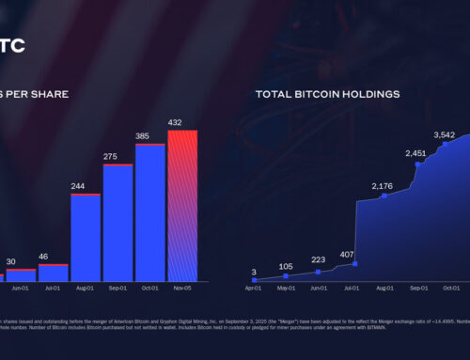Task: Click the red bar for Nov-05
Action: (182, 206)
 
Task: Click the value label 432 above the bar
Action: (182, 122)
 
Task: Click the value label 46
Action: (54, 256)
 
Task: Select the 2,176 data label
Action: (383, 185)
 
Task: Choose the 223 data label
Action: (319, 259)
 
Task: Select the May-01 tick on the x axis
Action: (288, 289)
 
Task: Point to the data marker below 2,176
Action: (384, 196)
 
